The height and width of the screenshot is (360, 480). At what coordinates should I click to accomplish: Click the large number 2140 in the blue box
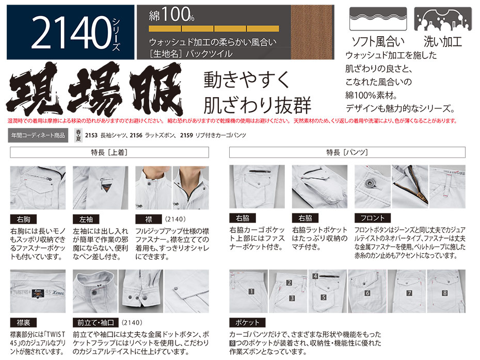[71, 33]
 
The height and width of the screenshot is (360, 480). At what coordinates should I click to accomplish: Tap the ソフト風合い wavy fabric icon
[378, 19]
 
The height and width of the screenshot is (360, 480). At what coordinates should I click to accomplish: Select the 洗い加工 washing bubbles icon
[443, 19]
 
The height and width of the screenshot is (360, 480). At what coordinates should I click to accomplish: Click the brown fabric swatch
[312, 32]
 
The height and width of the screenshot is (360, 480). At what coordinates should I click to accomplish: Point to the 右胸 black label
[23, 220]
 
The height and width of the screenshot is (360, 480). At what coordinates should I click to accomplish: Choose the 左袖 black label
[86, 220]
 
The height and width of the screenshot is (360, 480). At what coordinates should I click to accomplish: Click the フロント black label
[373, 218]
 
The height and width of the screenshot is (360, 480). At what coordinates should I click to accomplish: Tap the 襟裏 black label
[23, 323]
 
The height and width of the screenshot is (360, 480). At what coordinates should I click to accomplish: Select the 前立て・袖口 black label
[95, 323]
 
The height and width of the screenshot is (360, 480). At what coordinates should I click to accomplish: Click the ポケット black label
[247, 322]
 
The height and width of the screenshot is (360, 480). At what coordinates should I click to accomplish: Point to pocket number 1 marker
[252, 291]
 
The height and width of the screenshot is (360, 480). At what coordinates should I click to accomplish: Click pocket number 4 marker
[315, 276]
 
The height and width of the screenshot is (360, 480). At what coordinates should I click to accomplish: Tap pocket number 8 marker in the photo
[445, 293]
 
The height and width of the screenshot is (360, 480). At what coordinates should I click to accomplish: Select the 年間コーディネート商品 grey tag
[38, 135]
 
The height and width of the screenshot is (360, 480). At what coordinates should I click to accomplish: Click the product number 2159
[186, 135]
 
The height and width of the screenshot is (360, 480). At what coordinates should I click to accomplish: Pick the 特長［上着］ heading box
[109, 152]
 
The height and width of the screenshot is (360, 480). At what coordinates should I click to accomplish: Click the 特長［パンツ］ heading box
[347, 152]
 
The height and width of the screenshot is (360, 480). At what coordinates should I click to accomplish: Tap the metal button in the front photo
[370, 183]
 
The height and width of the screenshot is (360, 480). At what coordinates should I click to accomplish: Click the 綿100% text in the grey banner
[171, 14]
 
